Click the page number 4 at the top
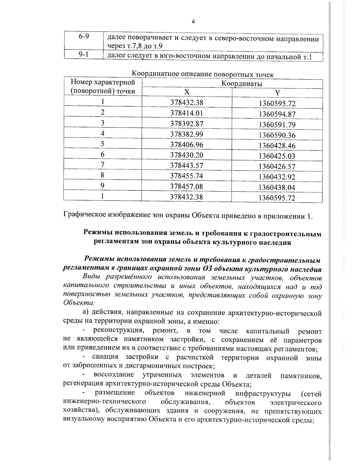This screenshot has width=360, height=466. coord(193,22)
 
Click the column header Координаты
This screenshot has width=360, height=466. coord(242,84)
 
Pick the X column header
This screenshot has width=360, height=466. coord(187,92)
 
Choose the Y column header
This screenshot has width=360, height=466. coord(277,93)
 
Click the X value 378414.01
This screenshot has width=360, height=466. coord(187,113)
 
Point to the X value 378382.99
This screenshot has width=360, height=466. coord(187,134)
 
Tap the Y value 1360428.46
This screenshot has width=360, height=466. coord(277,146)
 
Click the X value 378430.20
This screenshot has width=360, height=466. coord(187,155)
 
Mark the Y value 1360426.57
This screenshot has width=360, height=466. coord(277,167)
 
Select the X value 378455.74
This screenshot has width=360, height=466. coord(187,176)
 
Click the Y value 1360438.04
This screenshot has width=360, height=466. coord(277,188)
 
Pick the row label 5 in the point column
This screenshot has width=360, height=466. coord(103,144)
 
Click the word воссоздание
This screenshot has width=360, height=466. coord(114,375)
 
